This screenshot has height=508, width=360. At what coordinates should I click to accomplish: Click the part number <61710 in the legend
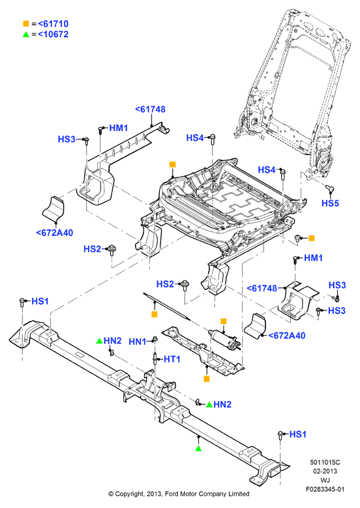53,23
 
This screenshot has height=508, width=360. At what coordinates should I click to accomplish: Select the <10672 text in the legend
53,35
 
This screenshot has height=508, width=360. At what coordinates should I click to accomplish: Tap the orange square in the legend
26,23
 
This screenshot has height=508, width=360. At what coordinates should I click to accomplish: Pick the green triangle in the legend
26,35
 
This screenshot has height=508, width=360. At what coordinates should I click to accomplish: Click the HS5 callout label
330,203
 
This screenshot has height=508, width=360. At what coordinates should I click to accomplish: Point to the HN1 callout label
138,342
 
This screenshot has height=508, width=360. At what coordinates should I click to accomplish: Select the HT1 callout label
172,359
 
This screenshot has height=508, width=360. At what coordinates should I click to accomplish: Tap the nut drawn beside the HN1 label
155,340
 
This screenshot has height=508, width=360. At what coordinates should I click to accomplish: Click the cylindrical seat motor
224,339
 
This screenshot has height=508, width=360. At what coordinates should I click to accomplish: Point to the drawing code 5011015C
325,462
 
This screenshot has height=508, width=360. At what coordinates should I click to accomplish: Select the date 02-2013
325,471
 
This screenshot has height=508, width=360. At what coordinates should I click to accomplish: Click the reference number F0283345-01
325,489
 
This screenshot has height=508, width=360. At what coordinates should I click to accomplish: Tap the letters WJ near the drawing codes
325,480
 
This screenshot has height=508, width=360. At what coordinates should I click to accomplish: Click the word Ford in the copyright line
172,494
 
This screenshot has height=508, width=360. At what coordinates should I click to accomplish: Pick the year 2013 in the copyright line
155,494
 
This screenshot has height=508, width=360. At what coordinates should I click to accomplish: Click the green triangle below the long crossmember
198,449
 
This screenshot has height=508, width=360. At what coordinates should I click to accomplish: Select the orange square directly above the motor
223,321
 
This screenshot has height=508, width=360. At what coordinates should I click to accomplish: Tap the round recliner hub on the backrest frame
325,162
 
